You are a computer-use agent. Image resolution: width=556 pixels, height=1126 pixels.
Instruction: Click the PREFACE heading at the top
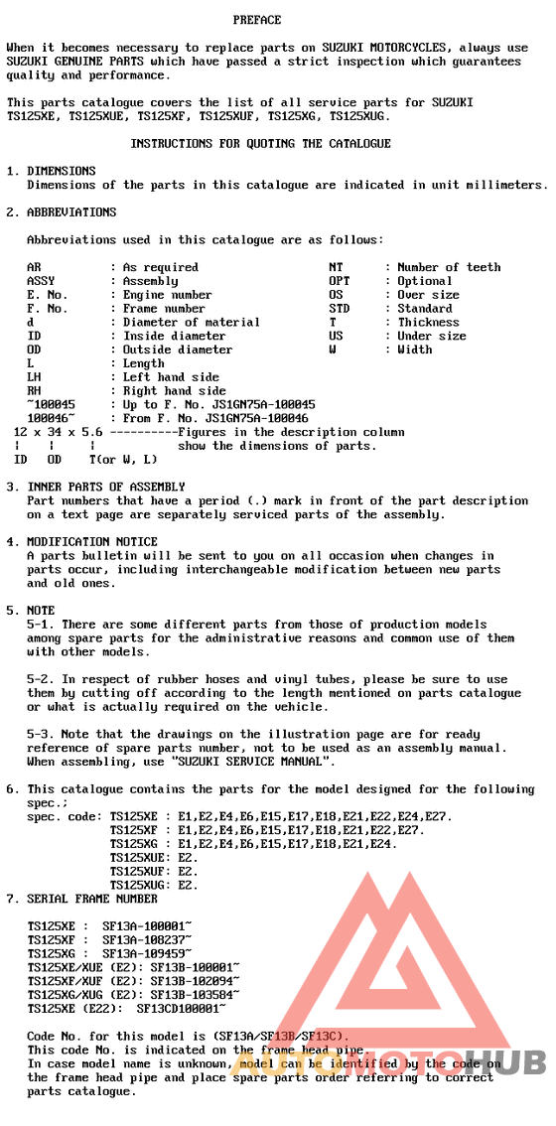257,20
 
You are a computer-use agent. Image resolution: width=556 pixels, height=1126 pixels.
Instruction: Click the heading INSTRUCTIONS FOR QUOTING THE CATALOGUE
260,144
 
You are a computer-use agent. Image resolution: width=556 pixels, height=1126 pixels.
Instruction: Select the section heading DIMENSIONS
62,171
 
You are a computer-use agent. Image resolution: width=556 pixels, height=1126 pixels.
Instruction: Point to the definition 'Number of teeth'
449,267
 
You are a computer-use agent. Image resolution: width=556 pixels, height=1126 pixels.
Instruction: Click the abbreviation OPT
340,281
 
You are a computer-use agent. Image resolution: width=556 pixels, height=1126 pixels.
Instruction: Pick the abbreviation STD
340,309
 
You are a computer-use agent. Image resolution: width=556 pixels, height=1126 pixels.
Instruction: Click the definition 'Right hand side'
174,391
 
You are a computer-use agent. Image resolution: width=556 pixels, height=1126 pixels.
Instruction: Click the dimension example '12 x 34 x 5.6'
59,433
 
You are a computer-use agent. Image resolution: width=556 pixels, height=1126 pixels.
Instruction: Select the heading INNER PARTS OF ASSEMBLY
106,488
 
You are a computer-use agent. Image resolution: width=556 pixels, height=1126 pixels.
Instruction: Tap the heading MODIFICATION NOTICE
92,542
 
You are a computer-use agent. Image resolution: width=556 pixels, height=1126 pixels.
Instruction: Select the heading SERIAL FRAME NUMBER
92,899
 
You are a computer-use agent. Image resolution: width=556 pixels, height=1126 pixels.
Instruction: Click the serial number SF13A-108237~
147,939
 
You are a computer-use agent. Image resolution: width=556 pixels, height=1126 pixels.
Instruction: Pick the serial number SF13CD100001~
185,1008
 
